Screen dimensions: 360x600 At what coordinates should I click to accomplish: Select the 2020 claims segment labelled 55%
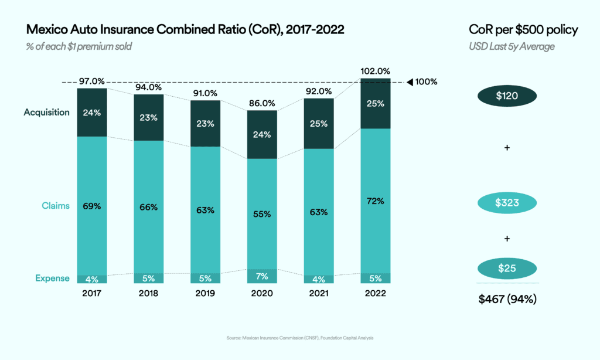click(262, 214)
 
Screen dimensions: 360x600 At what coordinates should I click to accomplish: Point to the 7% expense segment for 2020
click(262, 276)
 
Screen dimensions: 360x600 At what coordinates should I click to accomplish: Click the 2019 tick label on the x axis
click(205, 293)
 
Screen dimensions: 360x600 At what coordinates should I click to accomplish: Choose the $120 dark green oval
click(507, 96)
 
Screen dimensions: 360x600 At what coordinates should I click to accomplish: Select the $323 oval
click(507, 203)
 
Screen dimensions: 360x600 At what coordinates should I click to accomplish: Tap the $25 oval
click(507, 268)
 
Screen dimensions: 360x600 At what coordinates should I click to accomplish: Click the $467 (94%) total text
click(507, 300)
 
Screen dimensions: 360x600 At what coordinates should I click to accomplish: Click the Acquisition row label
click(46, 112)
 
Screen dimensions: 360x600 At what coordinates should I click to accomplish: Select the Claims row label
click(56, 206)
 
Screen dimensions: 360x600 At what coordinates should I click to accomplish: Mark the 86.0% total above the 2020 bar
click(262, 103)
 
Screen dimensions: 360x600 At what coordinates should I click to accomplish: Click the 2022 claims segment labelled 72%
click(375, 201)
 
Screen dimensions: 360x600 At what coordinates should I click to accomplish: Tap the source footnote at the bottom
click(300, 338)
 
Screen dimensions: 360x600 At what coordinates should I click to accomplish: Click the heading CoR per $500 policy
click(524, 30)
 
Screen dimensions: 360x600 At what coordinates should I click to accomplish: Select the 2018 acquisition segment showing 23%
click(149, 117)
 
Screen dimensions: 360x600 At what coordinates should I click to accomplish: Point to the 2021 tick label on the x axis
click(319, 293)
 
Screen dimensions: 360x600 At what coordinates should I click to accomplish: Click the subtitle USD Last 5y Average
click(512, 46)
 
